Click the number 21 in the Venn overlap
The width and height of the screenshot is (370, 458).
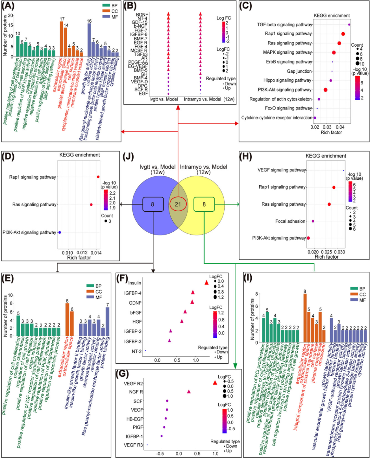tap(178, 204)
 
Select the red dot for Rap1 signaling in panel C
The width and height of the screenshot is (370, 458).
tap(343, 34)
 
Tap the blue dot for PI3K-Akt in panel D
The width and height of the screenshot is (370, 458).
tap(60, 232)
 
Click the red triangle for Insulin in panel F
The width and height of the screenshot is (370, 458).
tap(206, 283)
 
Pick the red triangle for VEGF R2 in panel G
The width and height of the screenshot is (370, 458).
tap(215, 383)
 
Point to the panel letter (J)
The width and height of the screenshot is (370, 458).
tap(128, 156)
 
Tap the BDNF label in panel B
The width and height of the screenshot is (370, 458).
tap(142, 15)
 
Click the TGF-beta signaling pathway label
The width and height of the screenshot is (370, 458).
tap(284, 25)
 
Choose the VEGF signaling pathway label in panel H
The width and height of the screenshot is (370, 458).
tap(282, 170)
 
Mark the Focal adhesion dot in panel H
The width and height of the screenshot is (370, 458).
tap(313, 221)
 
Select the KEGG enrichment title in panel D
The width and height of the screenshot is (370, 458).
tap(79, 155)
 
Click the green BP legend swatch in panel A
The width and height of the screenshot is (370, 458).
tap(106, 5)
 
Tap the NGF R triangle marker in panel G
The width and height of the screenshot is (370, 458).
tap(189, 391)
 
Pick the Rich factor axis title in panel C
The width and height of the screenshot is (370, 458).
tap(331, 132)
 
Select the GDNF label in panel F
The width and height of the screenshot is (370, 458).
tap(135, 303)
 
